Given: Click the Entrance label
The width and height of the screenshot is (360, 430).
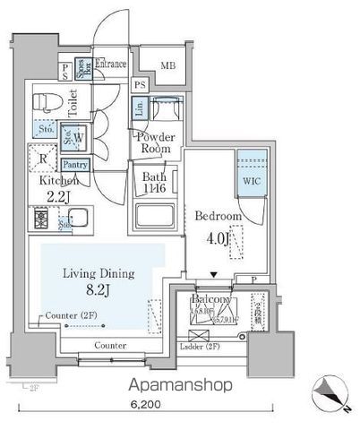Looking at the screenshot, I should coord(113,64).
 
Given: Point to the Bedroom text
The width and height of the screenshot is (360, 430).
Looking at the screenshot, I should coord(219,217).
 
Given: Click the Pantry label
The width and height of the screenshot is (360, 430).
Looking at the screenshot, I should coord(76,165).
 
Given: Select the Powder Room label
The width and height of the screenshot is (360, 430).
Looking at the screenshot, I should coord(157,142).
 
